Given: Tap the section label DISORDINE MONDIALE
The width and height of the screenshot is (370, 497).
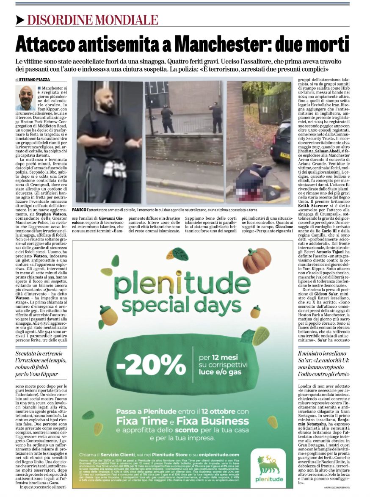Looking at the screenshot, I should coord(93,20).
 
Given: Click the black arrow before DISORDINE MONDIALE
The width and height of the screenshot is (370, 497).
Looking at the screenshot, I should coord(20,20).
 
